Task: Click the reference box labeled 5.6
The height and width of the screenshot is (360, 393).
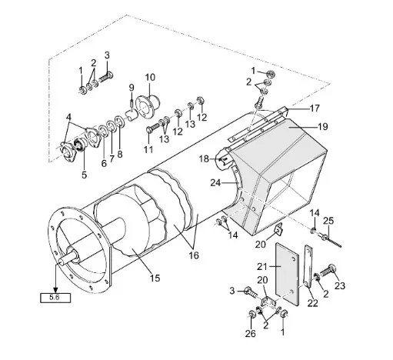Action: pyautogui.click(x=55, y=298)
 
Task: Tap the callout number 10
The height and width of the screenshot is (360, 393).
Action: pyautogui.click(x=150, y=77)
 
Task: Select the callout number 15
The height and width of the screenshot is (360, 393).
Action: pyautogui.click(x=155, y=278)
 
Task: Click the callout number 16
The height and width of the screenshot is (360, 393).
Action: pyautogui.click(x=194, y=255)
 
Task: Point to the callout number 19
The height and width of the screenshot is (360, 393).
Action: pyautogui.click(x=322, y=127)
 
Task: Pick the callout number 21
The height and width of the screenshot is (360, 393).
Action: pyautogui.click(x=262, y=267)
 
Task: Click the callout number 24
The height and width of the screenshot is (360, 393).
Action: pyautogui.click(x=215, y=183)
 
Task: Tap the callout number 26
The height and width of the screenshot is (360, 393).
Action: pyautogui.click(x=250, y=333)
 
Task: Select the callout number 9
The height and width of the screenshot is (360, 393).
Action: pyautogui.click(x=132, y=88)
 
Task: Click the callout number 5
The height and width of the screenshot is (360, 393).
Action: pyautogui.click(x=84, y=175)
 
